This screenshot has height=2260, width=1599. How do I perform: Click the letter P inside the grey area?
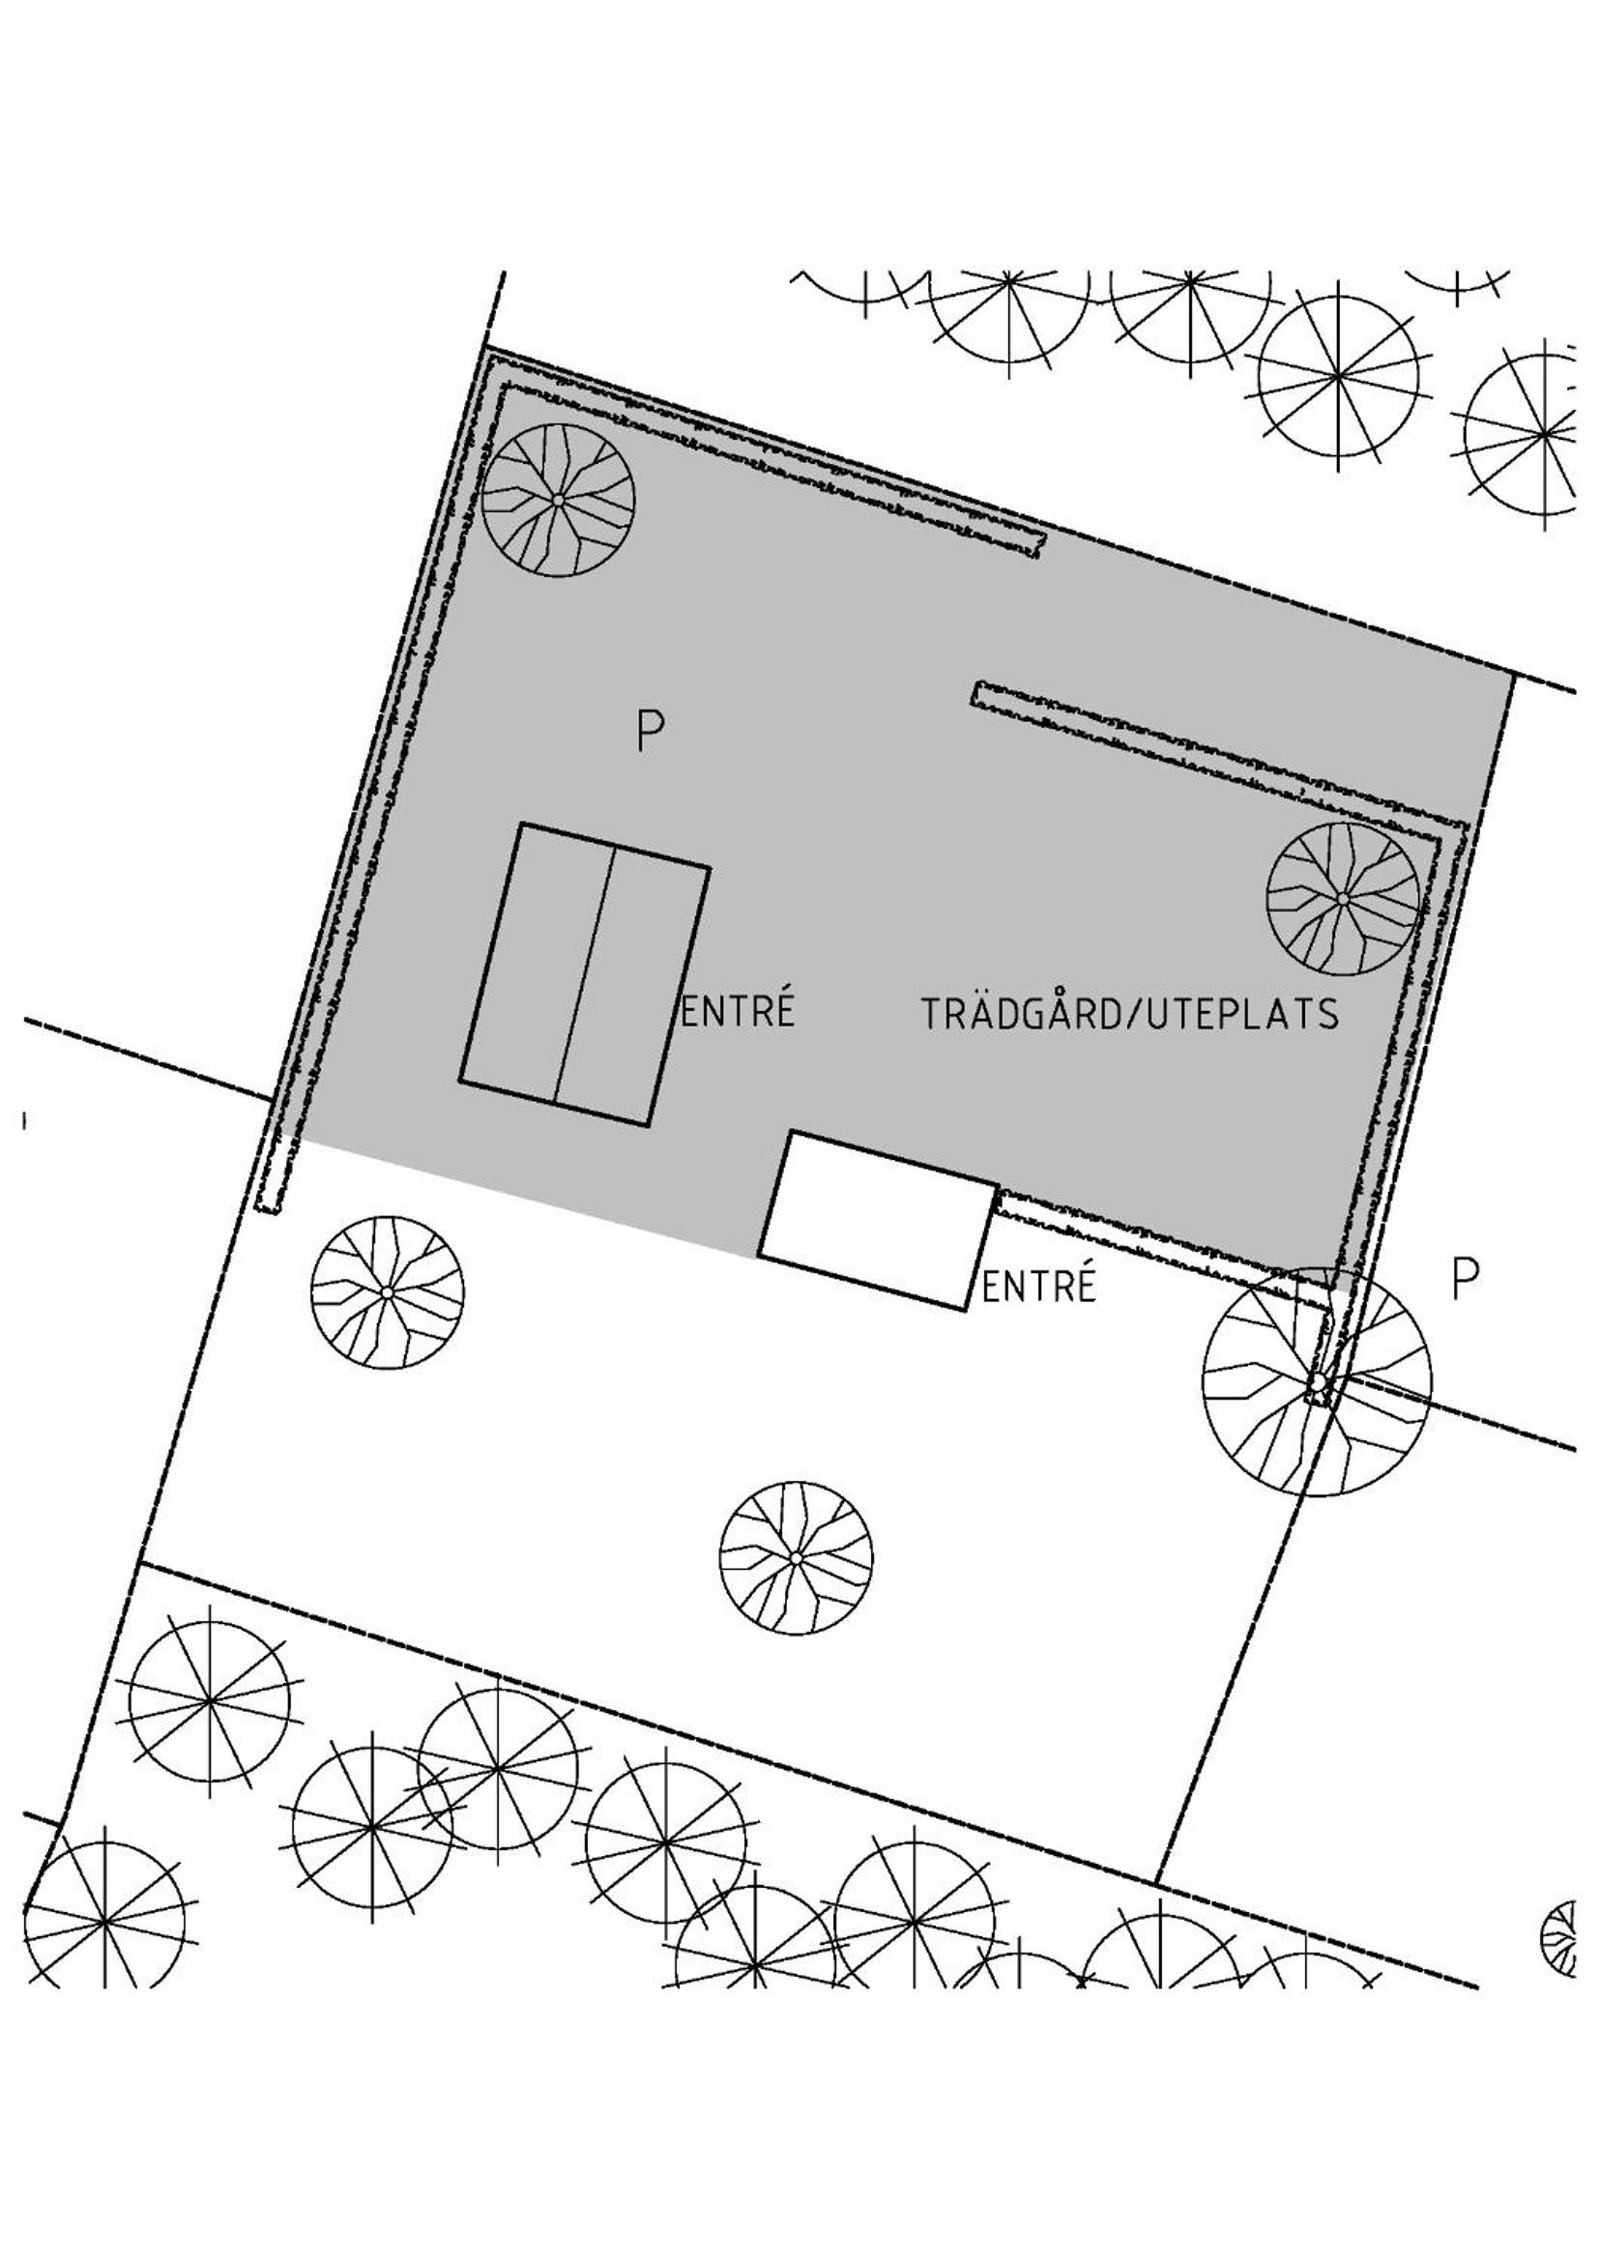tap(650, 732)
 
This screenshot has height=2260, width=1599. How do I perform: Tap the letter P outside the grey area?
tap(1465, 1279)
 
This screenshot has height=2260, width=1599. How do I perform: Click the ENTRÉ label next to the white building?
tap(1038, 1286)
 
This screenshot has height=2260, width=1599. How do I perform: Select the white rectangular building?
tap(878, 1221)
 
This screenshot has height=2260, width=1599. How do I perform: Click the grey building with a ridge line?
tap(585, 975)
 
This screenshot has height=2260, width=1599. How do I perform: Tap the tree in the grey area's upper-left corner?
tap(558, 500)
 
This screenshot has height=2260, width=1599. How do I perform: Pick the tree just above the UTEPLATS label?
tap(1343, 899)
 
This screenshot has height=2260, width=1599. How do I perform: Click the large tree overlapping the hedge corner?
tap(1318, 1382)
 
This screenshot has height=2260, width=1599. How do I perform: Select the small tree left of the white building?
tap(387, 1292)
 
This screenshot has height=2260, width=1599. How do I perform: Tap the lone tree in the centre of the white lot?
tap(796, 1558)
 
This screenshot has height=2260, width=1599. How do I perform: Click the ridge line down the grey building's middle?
tap(585, 975)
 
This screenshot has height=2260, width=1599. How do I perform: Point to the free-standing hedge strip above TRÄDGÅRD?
tap(1219, 754)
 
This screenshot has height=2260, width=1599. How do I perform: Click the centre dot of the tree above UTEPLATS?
tap(1343, 899)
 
